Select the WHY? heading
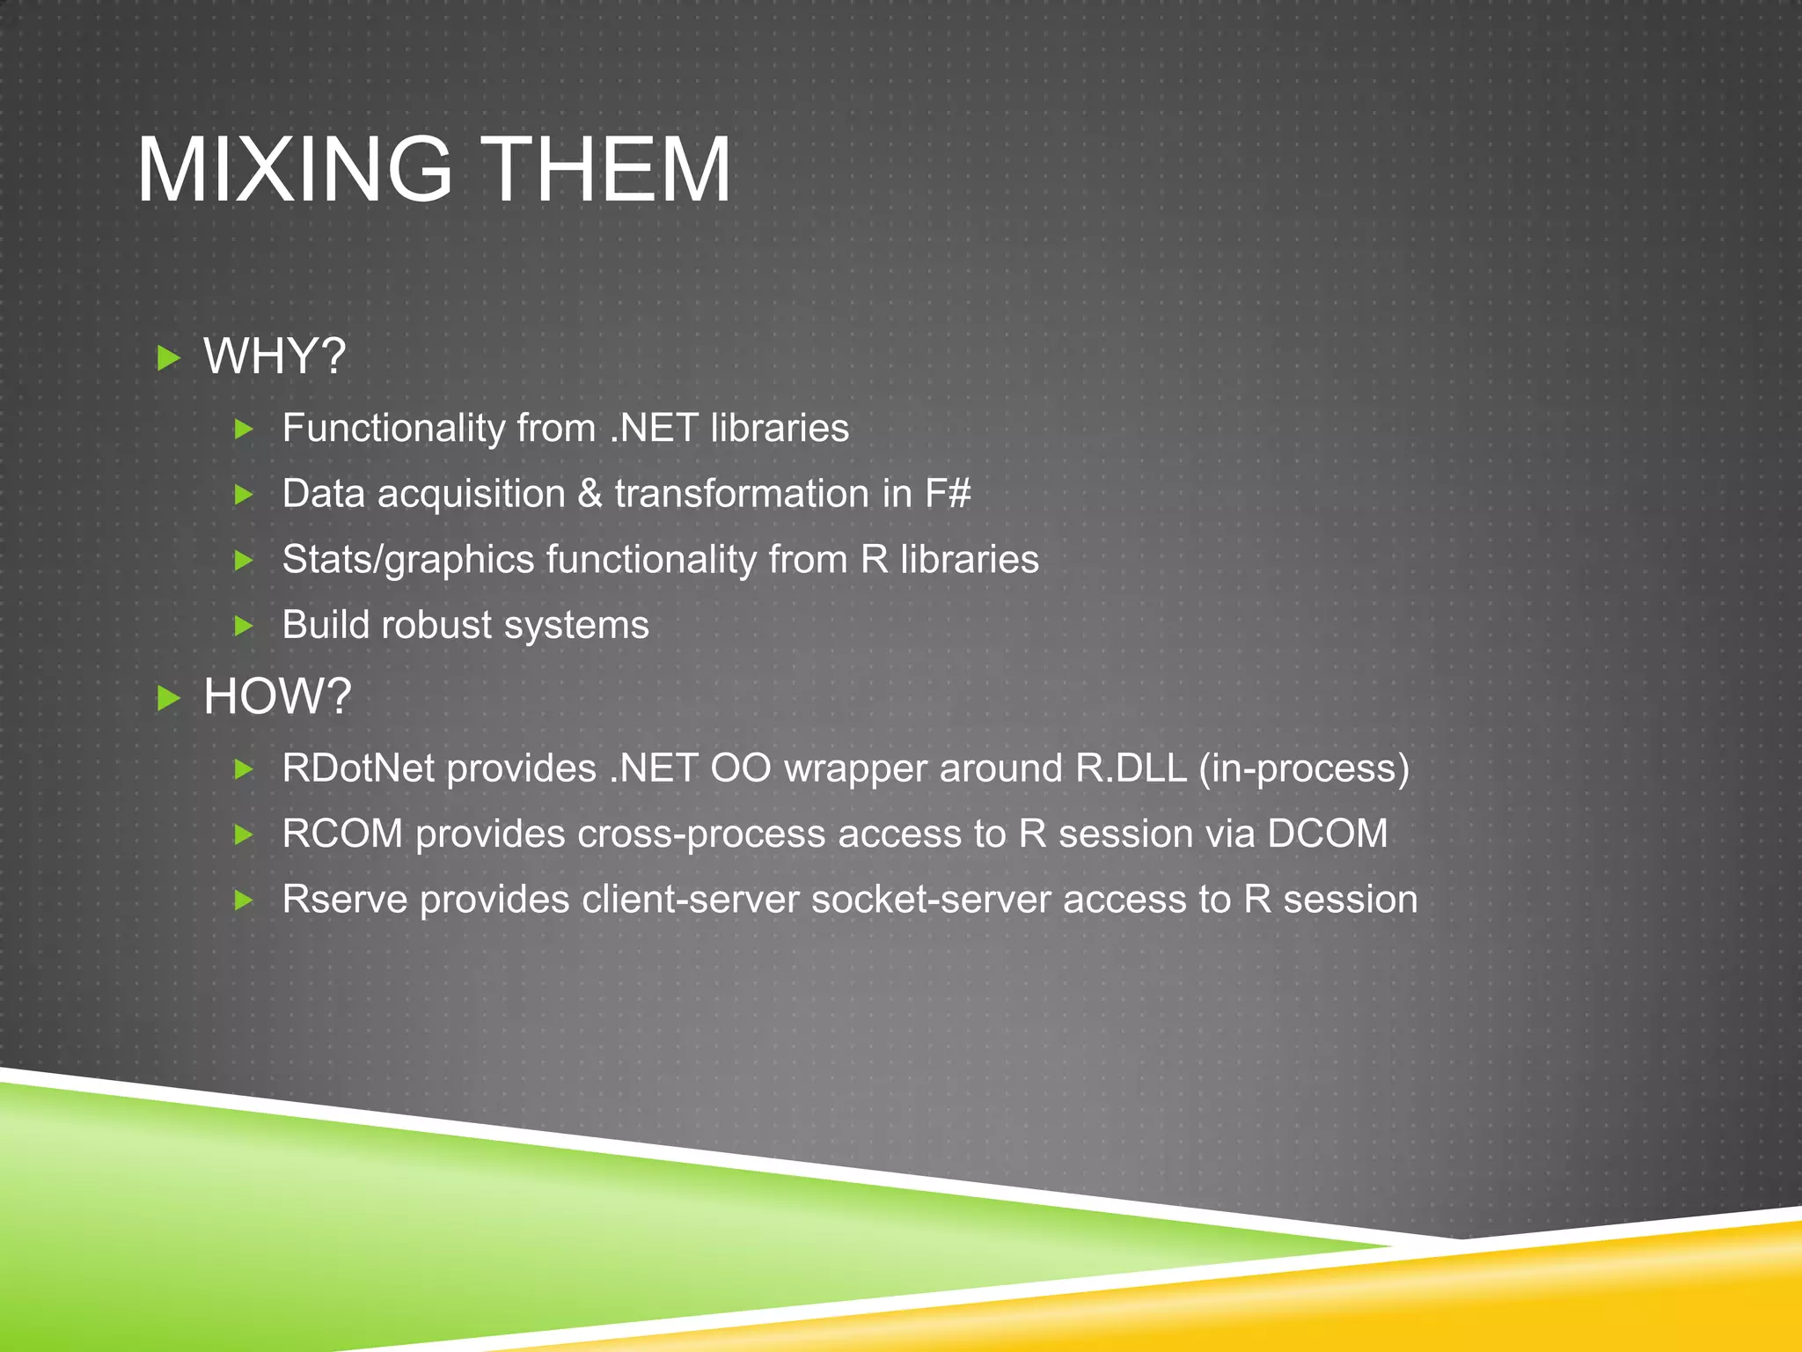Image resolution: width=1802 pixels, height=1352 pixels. [x=275, y=356]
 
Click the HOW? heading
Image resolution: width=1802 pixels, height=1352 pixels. [x=277, y=696]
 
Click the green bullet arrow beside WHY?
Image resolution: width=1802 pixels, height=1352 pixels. [x=168, y=358]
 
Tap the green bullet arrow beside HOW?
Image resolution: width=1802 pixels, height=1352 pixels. [x=168, y=699]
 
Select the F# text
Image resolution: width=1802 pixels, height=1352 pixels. [x=948, y=494]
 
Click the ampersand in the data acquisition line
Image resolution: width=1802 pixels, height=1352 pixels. [x=590, y=494]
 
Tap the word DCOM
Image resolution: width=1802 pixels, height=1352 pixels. [x=1327, y=834]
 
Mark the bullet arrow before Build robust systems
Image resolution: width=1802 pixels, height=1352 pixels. [x=244, y=626]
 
